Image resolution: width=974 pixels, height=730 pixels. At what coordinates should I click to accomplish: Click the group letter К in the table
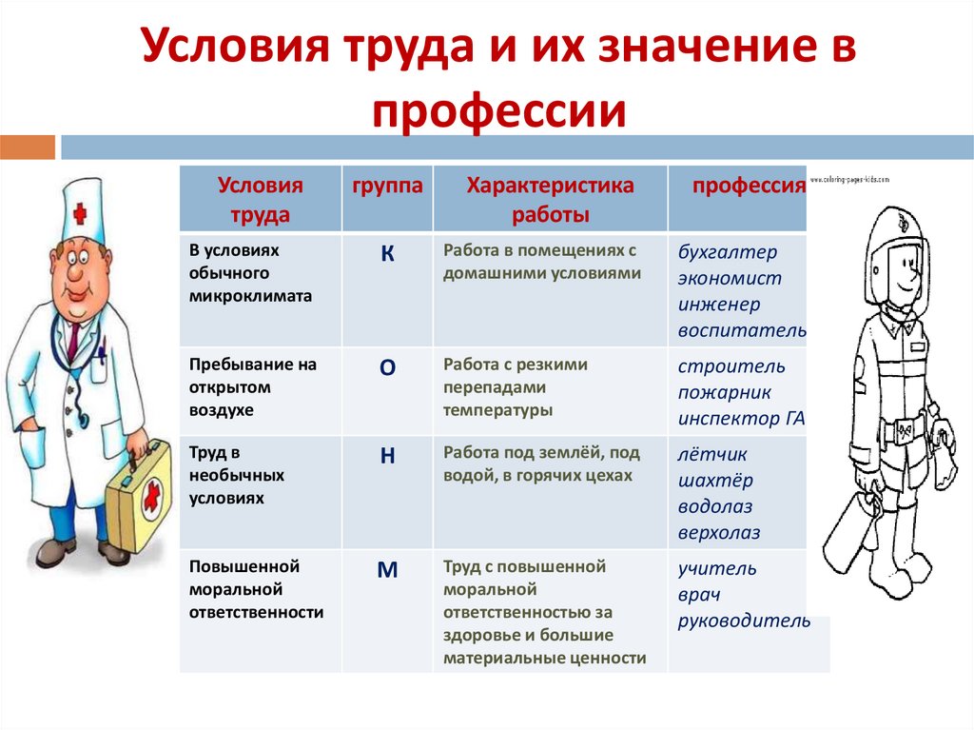tap(387, 254)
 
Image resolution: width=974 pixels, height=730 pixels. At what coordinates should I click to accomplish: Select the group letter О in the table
tap(387, 369)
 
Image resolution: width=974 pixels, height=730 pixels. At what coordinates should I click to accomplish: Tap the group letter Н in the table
tap(387, 456)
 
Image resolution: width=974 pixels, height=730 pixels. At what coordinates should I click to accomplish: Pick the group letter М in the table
tap(387, 571)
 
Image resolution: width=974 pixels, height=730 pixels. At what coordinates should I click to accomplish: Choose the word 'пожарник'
tap(725, 392)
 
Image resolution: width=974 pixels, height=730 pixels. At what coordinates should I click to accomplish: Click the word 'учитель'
tap(717, 569)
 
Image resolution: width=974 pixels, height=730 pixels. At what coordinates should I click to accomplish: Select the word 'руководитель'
tap(744, 621)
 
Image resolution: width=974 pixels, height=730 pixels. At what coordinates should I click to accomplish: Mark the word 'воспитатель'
tap(742, 331)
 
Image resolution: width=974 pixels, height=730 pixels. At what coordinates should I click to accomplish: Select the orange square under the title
tap(28, 147)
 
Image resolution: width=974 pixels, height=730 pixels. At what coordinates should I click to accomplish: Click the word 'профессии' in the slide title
tap(499, 109)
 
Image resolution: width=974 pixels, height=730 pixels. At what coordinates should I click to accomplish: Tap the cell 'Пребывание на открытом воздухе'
tap(253, 387)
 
